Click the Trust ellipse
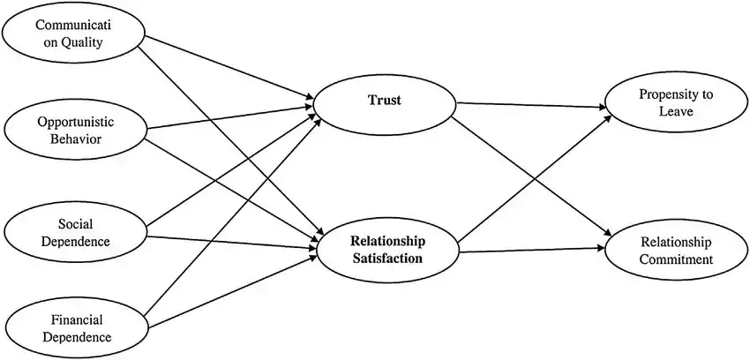tap(384, 101)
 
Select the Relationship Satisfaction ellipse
tap(387, 250)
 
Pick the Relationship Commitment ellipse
tap(677, 250)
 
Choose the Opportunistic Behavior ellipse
tap(75, 130)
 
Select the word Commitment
tap(677, 259)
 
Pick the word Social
tap(75, 224)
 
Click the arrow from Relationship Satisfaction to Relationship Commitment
tap(529, 251)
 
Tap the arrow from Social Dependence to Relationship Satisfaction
tap(229, 244)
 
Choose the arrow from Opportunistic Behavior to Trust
tap(229, 118)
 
